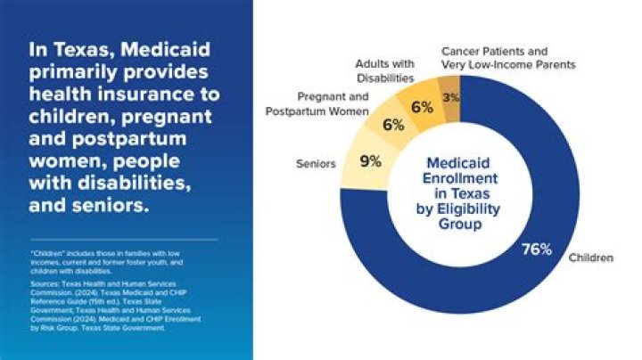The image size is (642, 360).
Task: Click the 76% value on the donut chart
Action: [537, 249]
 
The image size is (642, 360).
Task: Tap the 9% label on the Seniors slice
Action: [370, 161]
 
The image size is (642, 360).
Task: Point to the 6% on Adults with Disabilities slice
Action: [421, 107]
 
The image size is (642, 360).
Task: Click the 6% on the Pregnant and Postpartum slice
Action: [392, 126]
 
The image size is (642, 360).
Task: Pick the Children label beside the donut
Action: [591, 258]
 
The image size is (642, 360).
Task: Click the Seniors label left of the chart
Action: [315, 163]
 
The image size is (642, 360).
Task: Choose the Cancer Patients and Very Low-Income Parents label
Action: [507, 58]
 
